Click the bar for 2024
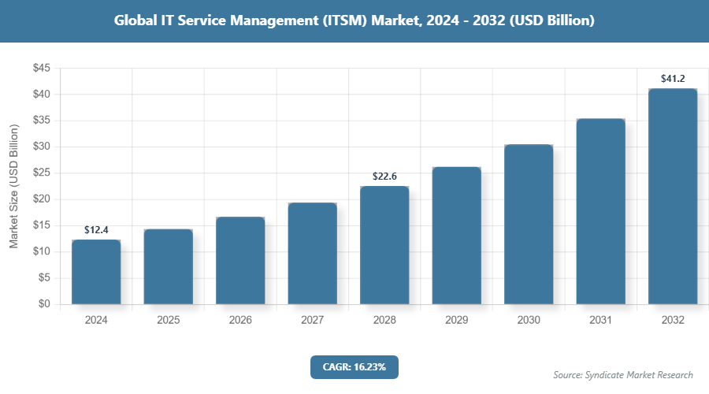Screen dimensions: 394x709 pyautogui.click(x=96, y=272)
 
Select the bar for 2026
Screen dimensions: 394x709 pyautogui.click(x=240, y=261)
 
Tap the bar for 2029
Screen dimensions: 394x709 pyautogui.click(x=456, y=236)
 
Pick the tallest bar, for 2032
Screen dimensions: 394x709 pyautogui.click(x=673, y=196)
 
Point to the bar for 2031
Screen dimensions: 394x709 pyautogui.click(x=600, y=211)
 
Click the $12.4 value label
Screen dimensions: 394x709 pyautogui.click(x=96, y=230)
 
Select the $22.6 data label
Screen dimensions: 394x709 pyautogui.click(x=384, y=177)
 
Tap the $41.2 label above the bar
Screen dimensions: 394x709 pyautogui.click(x=673, y=79)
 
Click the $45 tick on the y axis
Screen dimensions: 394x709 pyautogui.click(x=41, y=69)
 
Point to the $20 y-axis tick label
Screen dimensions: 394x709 pyautogui.click(x=41, y=199)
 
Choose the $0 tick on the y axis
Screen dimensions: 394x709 pyautogui.click(x=44, y=304)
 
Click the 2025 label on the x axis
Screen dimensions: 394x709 pyautogui.click(x=168, y=321)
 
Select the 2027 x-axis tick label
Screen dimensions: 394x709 pyautogui.click(x=312, y=321)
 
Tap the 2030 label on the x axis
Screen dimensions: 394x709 pyautogui.click(x=529, y=321)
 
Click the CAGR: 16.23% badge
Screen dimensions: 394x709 pyautogui.click(x=354, y=367)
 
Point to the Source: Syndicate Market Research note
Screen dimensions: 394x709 pyautogui.click(x=622, y=375)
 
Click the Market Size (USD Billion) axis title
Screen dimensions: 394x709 pyautogui.click(x=13, y=186)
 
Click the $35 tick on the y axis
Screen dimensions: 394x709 pyautogui.click(x=41, y=121)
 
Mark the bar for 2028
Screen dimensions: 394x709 pyautogui.click(x=384, y=245)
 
